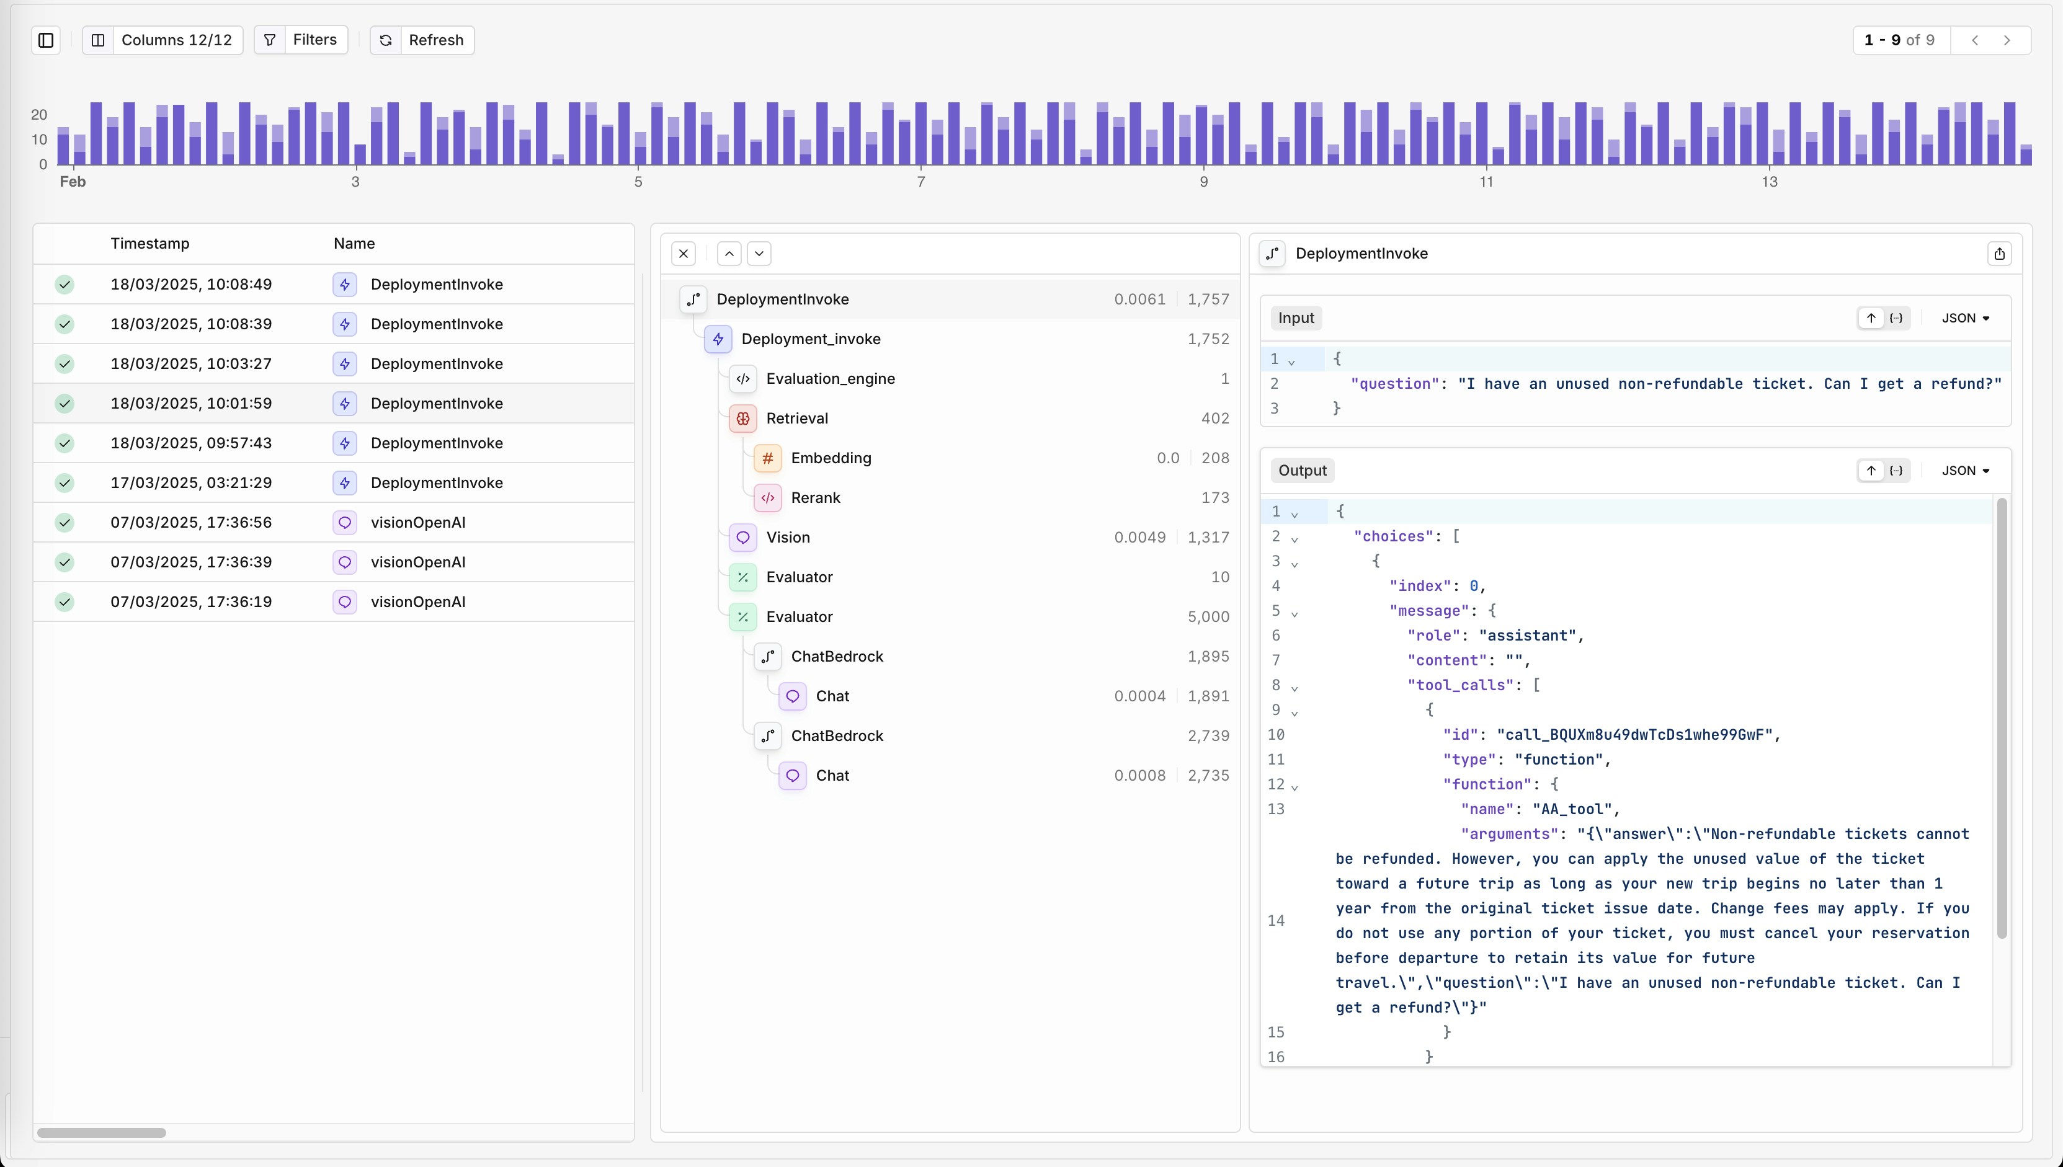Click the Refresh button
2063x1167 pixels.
[422, 40]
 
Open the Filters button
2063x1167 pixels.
[301, 40]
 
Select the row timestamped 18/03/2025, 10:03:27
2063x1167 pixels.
[191, 364]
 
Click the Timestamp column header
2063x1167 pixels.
[150, 244]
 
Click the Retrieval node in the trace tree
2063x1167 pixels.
[796, 419]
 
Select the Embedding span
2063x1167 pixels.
[831, 458]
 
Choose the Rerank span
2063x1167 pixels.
[815, 498]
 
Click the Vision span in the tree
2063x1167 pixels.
[787, 537]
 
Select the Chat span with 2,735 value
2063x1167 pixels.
[832, 775]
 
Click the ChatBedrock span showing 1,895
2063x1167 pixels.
[837, 657]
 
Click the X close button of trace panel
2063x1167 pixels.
[683, 254]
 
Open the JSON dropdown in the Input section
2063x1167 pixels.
[1965, 318]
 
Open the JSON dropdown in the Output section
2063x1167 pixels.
[1965, 471]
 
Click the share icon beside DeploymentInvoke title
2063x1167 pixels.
[1999, 254]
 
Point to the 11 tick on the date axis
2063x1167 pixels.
[1486, 182]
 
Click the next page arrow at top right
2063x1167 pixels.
[2007, 40]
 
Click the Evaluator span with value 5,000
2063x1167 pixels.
[799, 616]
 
